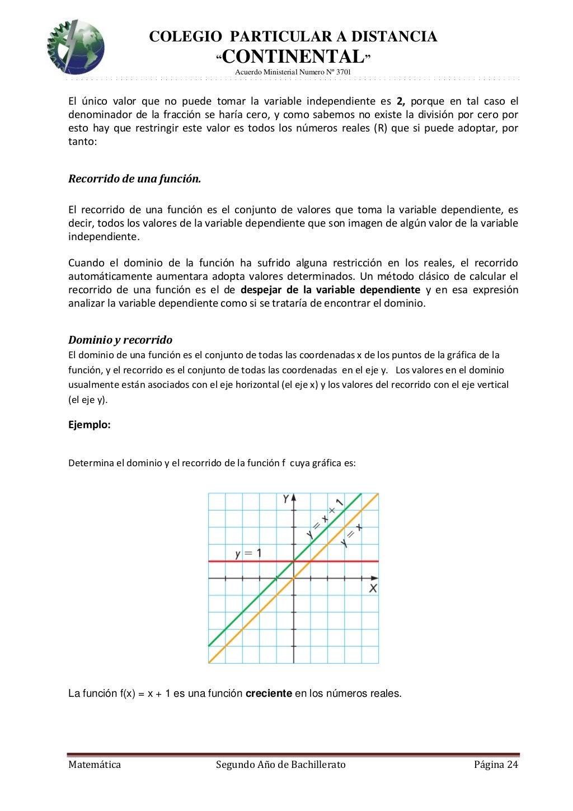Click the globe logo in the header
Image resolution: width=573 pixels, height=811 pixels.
tap(75, 47)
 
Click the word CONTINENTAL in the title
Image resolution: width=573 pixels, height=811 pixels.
tap(293, 57)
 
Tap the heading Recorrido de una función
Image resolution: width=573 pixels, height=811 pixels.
tap(134, 179)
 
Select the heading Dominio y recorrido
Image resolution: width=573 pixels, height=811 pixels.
tap(120, 340)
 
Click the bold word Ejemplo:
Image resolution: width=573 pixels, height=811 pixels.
tap(90, 425)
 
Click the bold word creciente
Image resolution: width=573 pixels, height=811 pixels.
tap(269, 693)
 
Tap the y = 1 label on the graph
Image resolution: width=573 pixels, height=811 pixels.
tap(248, 554)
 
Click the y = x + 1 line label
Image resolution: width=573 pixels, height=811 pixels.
tap(325, 518)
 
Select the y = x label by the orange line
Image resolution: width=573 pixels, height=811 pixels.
tap(351, 535)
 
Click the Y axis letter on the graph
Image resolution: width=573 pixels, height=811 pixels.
tap(286, 499)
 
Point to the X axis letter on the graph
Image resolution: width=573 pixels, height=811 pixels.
tap(373, 588)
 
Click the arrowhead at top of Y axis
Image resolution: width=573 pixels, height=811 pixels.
tap(293, 497)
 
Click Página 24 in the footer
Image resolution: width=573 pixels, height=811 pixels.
tap(496, 765)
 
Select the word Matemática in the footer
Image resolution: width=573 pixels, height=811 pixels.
tap(95, 765)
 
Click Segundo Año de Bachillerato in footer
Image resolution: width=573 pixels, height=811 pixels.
tap(281, 765)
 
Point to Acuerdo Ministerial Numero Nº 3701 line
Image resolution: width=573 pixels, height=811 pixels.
tap(293, 72)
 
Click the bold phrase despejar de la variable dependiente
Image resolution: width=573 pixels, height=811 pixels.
tap(330, 290)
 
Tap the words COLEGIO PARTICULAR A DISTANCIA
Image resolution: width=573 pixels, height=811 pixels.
tap(293, 37)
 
